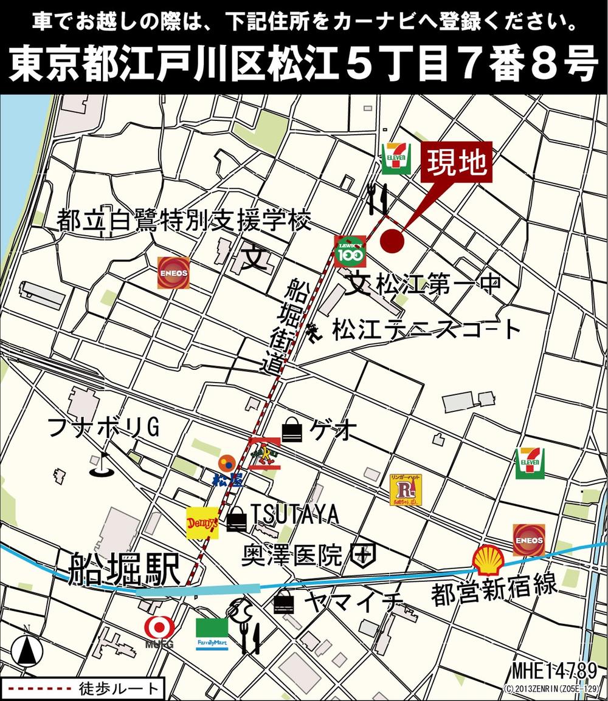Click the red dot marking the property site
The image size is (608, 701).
392,241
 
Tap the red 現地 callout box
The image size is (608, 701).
457,162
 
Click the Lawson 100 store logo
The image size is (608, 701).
350,251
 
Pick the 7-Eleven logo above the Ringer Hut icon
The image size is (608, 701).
530,463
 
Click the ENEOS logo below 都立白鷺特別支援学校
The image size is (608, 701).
173,272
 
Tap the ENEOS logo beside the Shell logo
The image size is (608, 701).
528,539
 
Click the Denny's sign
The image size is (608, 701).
202,522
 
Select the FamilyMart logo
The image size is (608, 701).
212,634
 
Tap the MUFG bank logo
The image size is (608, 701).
159,632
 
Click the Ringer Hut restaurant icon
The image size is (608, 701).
406,490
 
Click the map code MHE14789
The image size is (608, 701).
554,671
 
